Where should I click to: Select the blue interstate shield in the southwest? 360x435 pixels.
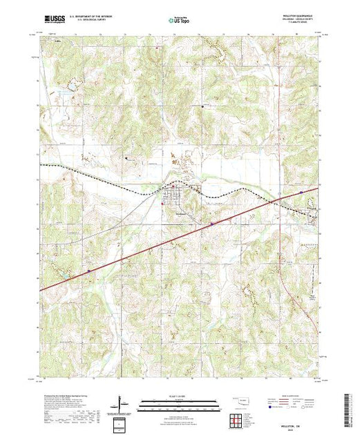coord(88,271)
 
